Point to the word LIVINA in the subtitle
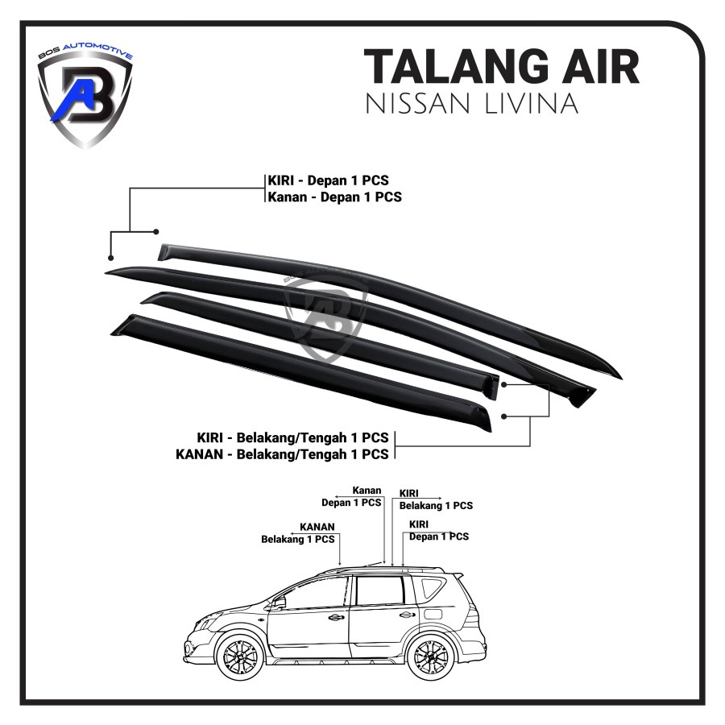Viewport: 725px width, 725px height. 532,103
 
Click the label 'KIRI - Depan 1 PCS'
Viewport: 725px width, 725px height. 329,180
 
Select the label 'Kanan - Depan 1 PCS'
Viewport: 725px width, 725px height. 335,197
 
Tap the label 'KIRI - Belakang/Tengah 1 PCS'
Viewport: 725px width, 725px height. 292,437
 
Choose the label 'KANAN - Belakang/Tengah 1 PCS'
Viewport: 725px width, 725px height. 282,454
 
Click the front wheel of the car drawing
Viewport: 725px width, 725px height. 241,656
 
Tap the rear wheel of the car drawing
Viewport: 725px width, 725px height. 432,656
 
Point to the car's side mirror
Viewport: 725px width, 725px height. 280,603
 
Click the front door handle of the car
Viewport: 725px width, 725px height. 336,617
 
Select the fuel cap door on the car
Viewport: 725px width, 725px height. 433,614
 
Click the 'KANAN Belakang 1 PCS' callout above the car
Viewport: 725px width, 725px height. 298,533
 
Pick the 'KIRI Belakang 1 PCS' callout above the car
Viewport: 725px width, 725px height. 436,499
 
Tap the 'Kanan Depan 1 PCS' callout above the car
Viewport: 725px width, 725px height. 351,496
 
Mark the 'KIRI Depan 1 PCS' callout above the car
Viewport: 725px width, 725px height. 439,531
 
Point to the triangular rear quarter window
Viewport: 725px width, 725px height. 430,588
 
